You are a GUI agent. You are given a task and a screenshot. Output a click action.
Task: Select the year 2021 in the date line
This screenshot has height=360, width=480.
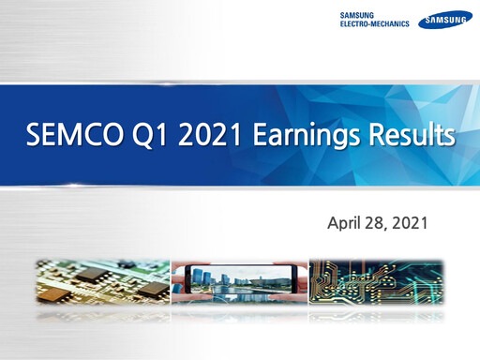click(411, 224)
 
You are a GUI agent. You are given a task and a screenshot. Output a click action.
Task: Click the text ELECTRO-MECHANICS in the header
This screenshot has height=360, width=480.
click(374, 24)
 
